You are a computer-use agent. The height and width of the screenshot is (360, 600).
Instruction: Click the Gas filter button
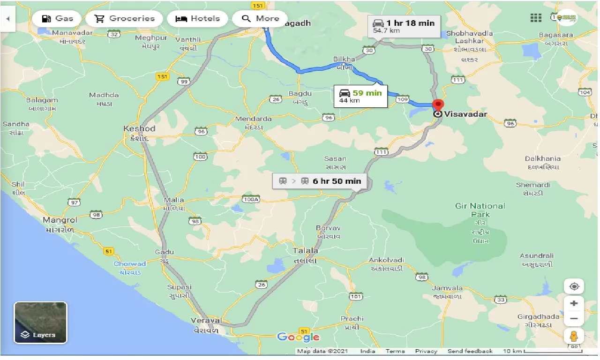(x=57, y=19)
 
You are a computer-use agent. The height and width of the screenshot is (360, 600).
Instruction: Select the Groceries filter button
(x=124, y=19)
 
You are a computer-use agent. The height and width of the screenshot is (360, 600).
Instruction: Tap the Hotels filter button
(x=197, y=19)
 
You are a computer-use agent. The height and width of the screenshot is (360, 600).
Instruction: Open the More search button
(x=260, y=19)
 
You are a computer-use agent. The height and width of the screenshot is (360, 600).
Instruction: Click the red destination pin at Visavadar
(x=438, y=106)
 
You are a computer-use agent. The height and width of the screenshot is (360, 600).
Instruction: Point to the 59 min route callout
(x=360, y=96)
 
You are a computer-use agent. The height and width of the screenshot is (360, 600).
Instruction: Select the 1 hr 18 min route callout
(x=404, y=26)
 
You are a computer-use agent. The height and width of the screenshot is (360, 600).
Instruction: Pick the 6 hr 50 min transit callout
(x=320, y=181)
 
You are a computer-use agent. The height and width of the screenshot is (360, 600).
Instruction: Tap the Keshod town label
(x=139, y=128)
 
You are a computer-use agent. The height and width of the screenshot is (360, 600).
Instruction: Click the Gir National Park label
(x=480, y=210)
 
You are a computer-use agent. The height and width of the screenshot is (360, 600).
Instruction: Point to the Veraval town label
(x=206, y=320)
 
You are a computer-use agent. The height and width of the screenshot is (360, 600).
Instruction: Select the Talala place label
(x=305, y=250)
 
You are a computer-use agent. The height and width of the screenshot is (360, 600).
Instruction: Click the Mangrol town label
(x=60, y=219)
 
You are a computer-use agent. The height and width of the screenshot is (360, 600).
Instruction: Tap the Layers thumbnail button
(x=40, y=322)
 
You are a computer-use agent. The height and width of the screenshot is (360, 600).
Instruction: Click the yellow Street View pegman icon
(x=574, y=337)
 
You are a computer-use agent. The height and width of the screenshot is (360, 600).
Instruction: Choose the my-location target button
(x=574, y=286)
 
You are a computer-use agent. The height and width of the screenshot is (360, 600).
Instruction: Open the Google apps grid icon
(x=536, y=18)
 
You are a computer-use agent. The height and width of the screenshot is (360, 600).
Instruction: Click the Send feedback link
(x=470, y=351)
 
